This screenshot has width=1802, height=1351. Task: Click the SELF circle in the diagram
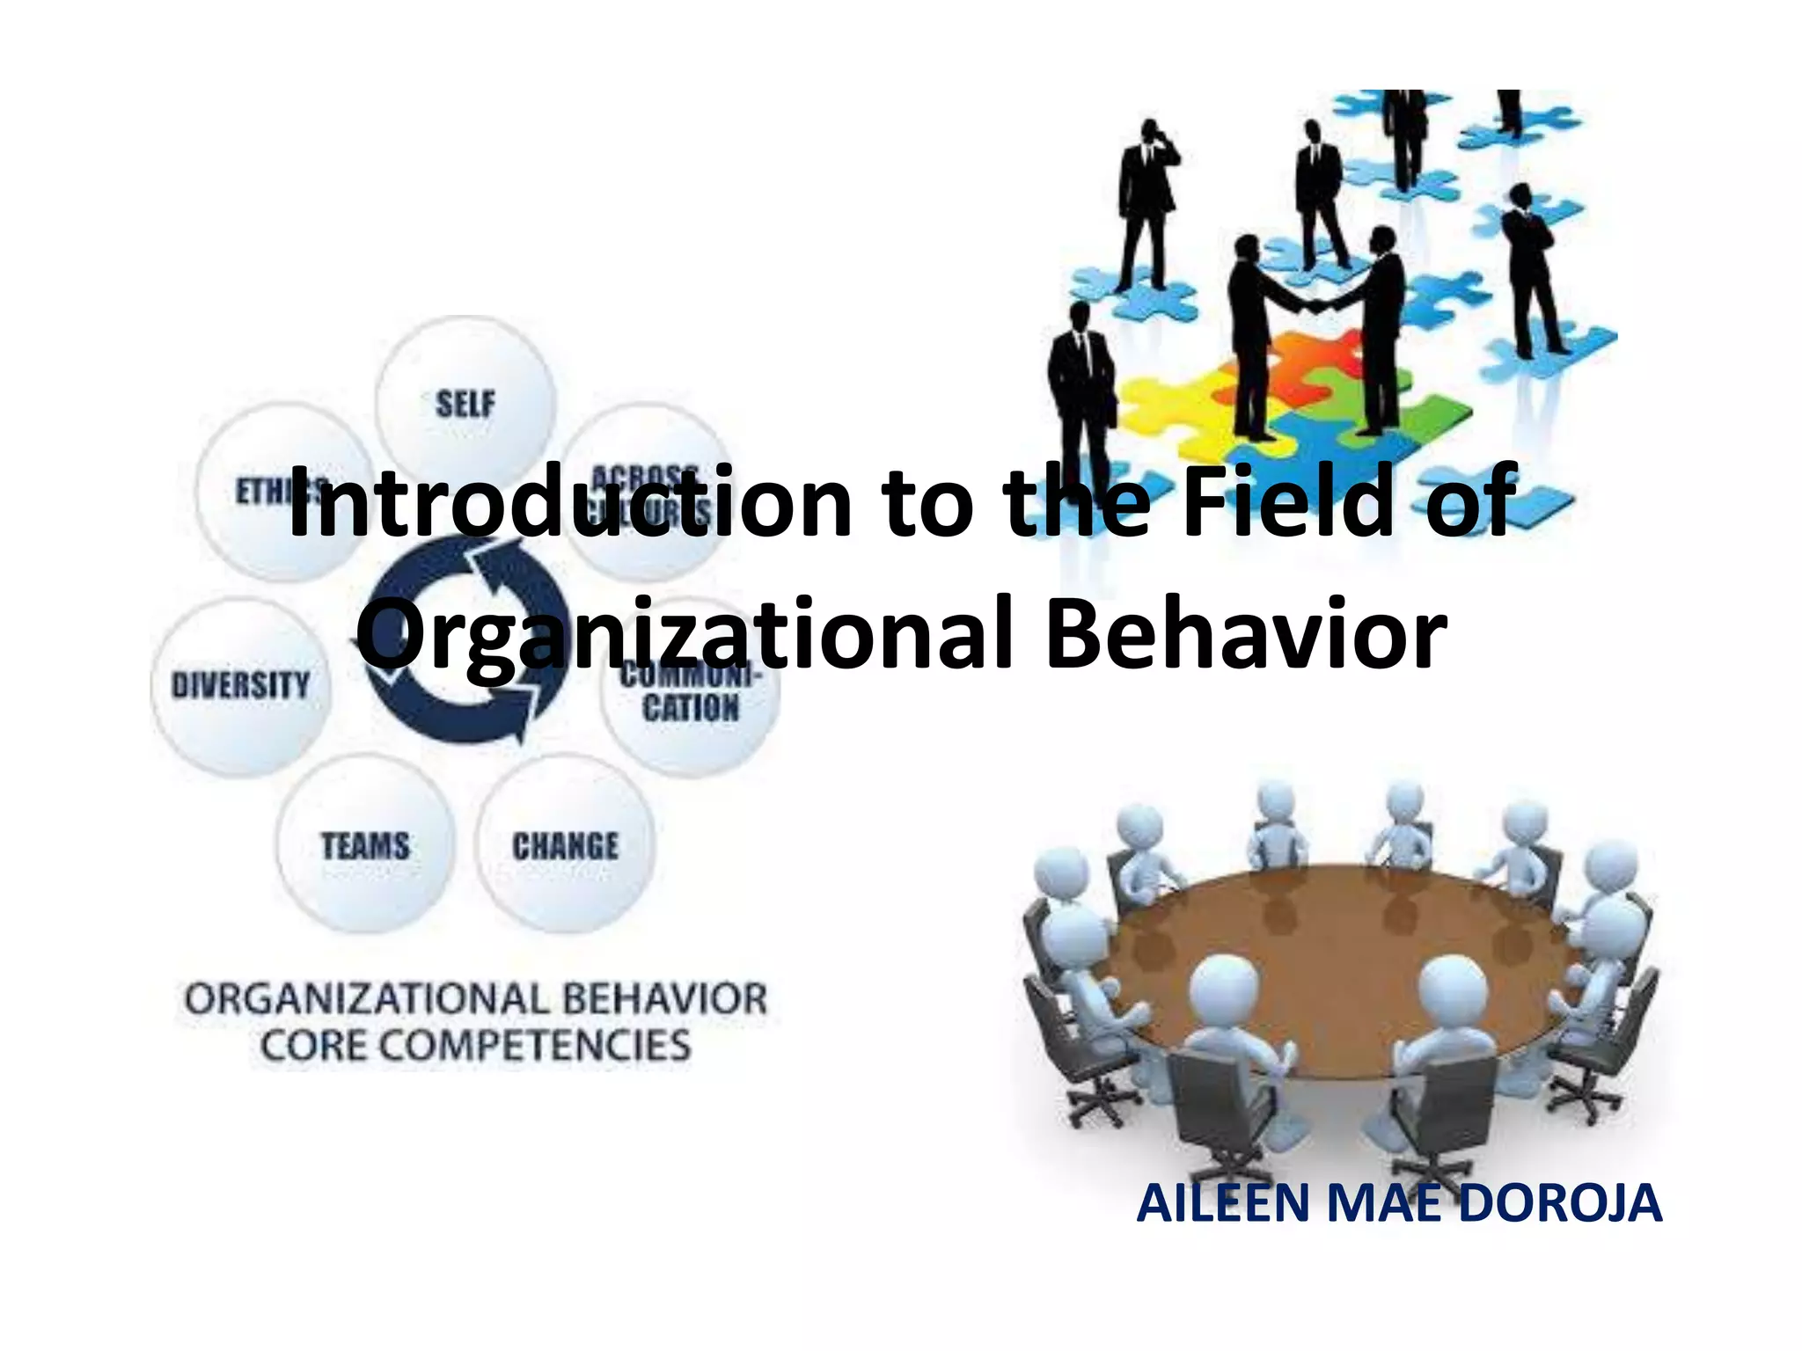[465, 403]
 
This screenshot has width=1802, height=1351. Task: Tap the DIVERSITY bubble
[240, 685]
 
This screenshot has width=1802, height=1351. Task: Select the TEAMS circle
[365, 845]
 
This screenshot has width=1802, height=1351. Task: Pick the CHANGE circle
[565, 845]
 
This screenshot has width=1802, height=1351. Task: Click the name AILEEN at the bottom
[1223, 1203]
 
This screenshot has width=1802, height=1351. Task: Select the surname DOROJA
[1559, 1203]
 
